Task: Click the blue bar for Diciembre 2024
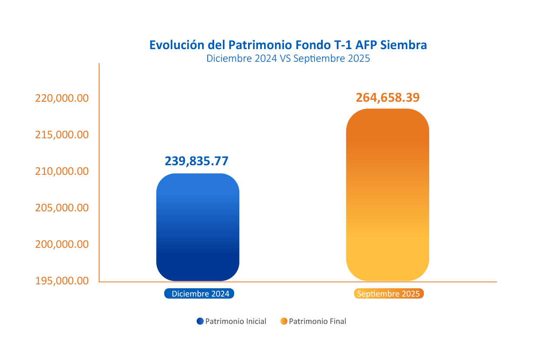coord(198,227)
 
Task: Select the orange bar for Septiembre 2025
coord(387,194)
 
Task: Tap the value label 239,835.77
coord(196,161)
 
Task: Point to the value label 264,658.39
coord(387,97)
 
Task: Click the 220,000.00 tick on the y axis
coord(62,98)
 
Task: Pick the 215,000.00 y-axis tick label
coord(62,135)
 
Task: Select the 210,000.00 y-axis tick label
coord(62,171)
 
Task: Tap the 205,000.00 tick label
coord(62,208)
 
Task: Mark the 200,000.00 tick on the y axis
coord(62,244)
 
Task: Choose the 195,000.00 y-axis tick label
coord(62,281)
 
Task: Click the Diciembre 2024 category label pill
coord(199,294)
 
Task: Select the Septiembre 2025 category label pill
coord(388,294)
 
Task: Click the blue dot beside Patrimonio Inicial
coord(200,321)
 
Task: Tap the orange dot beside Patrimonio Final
coord(284,321)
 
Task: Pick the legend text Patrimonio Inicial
coord(235,322)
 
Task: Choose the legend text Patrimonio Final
coord(318,322)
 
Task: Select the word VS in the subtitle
coord(285,58)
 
